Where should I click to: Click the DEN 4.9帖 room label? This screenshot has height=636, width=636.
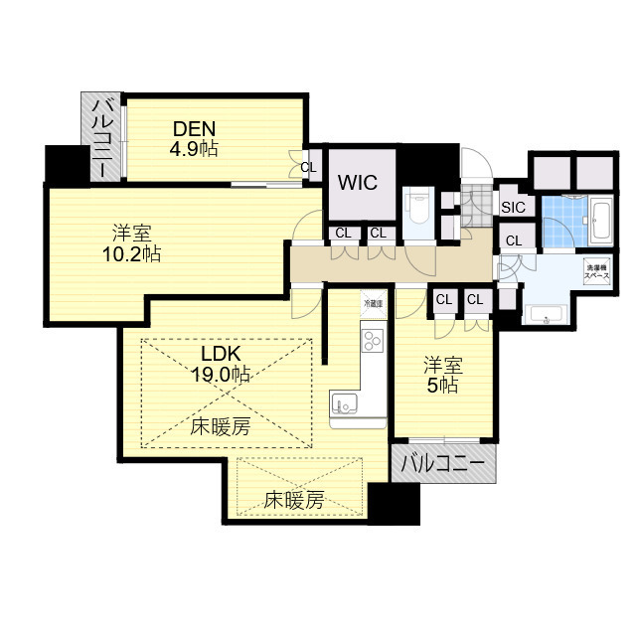pyautogui.click(x=194, y=137)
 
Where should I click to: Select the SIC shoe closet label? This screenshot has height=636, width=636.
pyautogui.click(x=513, y=207)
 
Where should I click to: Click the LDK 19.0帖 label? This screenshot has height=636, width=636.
pyautogui.click(x=221, y=365)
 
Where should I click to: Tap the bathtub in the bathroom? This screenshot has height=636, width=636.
pyautogui.click(x=602, y=220)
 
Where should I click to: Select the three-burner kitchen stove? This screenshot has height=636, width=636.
pyautogui.click(x=372, y=342)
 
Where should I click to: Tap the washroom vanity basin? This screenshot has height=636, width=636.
pyautogui.click(x=546, y=317)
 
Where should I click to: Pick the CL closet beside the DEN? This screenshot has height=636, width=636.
pyautogui.click(x=308, y=167)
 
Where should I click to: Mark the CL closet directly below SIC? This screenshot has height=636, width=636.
pyautogui.click(x=513, y=239)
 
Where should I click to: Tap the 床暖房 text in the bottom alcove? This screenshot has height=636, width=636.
pyautogui.click(x=294, y=502)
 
